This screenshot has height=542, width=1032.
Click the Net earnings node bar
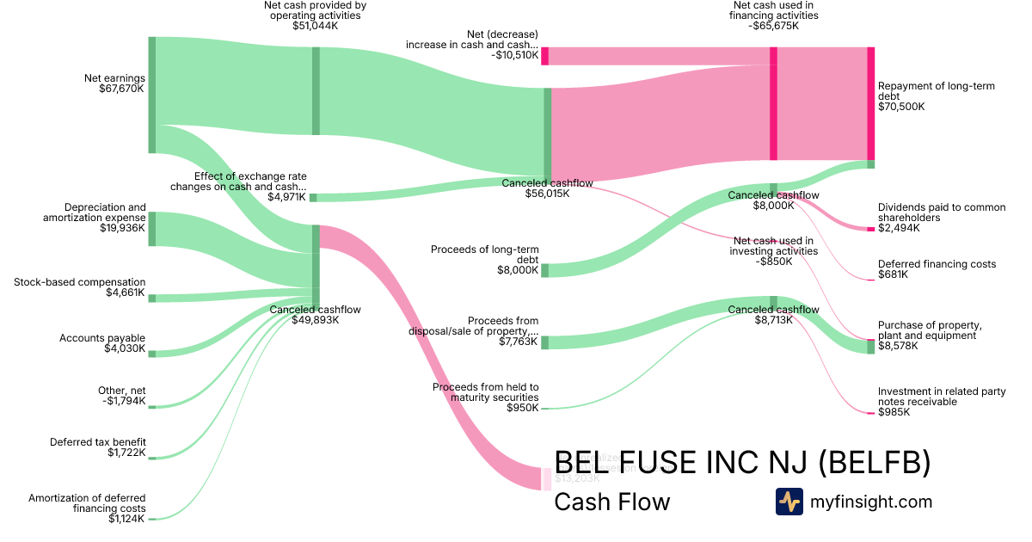(152, 95)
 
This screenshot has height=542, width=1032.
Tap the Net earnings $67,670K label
(114, 83)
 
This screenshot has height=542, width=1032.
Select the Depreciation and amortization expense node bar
(152, 229)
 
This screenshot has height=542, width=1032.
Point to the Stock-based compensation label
(80, 287)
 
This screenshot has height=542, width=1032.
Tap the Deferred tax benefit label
(97, 447)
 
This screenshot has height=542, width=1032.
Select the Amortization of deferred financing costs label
(87, 508)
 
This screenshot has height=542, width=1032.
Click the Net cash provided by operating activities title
(315, 15)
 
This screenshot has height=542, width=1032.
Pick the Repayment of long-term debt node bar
(870, 103)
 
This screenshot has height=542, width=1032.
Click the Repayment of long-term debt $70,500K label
(924, 96)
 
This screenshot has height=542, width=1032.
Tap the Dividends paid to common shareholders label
(941, 218)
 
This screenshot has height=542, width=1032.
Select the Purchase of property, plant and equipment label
(930, 336)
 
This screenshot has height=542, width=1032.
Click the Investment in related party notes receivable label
(942, 402)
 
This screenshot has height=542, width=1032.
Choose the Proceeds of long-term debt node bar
(544, 270)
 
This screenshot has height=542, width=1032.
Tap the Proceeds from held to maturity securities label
(485, 397)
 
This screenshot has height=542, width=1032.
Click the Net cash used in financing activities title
(773, 15)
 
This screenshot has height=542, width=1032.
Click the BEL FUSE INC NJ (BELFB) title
(742, 463)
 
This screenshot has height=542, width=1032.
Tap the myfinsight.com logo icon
(789, 502)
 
